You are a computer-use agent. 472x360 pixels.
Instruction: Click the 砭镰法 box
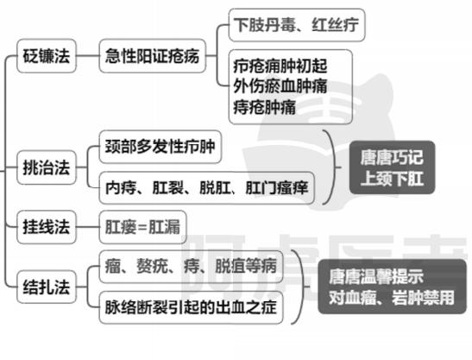(x=47, y=56)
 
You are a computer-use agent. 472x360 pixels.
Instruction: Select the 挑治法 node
(x=47, y=167)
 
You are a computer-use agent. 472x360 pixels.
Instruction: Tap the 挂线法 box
(x=47, y=227)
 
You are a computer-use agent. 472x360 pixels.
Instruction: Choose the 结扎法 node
(x=47, y=287)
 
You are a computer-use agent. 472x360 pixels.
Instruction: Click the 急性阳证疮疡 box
(x=153, y=56)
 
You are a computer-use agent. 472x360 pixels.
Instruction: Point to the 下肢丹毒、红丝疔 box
(x=297, y=25)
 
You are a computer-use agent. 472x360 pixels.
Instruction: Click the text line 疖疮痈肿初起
(x=280, y=66)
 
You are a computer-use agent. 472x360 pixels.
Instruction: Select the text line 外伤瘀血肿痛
(x=280, y=86)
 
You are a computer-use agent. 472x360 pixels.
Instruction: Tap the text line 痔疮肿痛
(x=265, y=107)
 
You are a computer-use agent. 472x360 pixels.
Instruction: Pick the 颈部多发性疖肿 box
(x=160, y=147)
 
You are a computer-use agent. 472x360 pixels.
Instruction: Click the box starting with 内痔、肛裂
(x=206, y=187)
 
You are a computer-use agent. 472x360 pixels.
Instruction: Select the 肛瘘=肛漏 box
(x=142, y=227)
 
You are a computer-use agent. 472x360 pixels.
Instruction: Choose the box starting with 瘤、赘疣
(x=191, y=267)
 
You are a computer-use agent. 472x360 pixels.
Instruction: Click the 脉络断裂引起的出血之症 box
(x=191, y=307)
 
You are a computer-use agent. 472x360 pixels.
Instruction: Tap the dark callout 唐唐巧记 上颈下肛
(x=392, y=167)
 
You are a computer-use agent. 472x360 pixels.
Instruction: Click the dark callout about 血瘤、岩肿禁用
(x=392, y=287)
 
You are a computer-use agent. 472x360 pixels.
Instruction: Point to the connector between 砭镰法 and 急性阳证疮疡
(x=88, y=56)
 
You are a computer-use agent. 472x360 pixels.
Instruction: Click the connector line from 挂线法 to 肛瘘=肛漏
(x=88, y=227)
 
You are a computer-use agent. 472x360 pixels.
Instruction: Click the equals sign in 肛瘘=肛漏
(x=142, y=227)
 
